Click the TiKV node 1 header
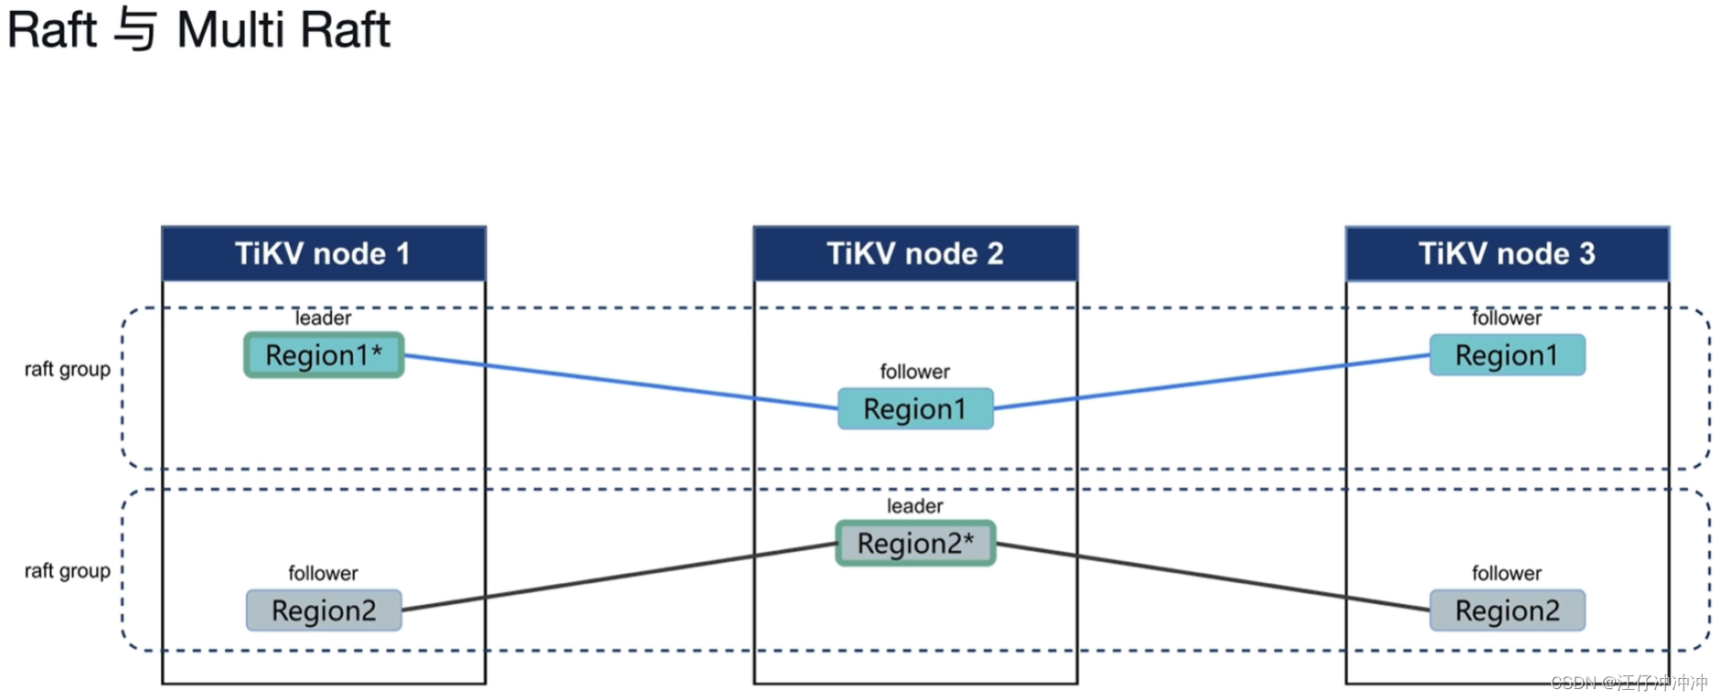[323, 254]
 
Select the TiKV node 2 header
[914, 254]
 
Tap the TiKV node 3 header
[1506, 254]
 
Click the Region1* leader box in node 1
[324, 355]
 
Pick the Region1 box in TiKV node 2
[914, 409]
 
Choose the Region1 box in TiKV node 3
[1506, 355]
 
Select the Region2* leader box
[914, 544]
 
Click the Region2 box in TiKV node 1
[324, 610]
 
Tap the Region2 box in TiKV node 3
[1506, 610]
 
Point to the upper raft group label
[67, 369]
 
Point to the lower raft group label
[67, 571]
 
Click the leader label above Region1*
[323, 318]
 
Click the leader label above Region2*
[914, 506]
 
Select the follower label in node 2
[914, 372]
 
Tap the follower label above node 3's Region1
[1506, 318]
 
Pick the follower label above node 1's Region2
[323, 573]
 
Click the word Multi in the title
[230, 30]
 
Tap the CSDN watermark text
[1628, 683]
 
